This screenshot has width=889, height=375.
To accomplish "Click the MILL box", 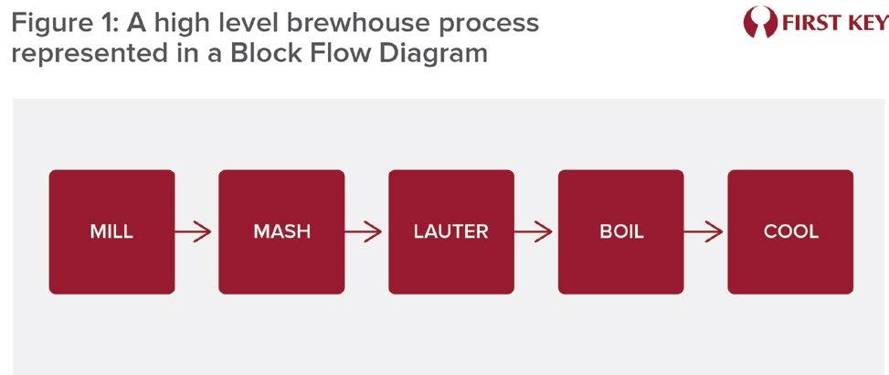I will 111,231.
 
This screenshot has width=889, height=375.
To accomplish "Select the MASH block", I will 281,231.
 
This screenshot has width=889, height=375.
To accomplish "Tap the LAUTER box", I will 451,231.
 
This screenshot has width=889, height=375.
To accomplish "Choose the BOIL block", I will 621,231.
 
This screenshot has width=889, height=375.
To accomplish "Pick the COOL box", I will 790,231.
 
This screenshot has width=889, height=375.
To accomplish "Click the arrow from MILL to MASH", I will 196,231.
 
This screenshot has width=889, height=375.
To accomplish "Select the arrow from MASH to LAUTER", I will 365,231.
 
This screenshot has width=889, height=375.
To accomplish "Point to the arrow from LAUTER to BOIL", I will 535,231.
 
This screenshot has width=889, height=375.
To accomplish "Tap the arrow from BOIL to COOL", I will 705,231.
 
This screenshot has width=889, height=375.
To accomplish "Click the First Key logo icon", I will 758,22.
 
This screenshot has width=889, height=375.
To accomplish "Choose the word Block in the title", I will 261,53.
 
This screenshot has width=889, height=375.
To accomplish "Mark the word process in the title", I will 491,21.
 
